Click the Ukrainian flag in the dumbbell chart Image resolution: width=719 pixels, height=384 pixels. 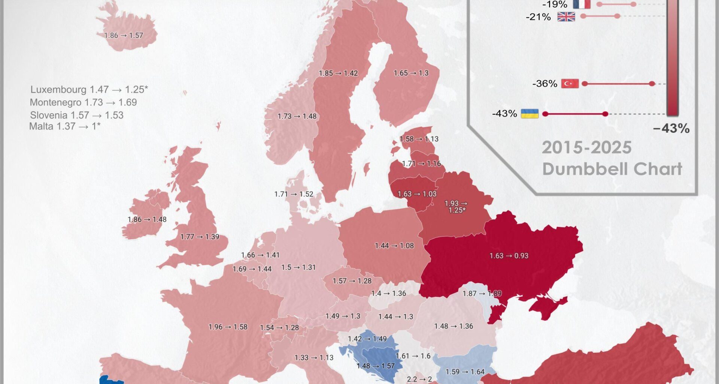coord(530,114)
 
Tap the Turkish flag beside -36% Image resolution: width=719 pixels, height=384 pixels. coord(570,84)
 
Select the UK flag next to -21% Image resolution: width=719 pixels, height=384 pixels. coord(566,16)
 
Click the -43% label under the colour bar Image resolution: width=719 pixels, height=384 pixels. coord(671,129)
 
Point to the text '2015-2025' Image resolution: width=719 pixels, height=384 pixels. coord(586,148)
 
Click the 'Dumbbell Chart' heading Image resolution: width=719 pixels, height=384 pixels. coord(612,169)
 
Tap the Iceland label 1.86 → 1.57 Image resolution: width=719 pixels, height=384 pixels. coord(124,36)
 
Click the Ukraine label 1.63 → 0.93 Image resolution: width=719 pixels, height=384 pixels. coord(509,256)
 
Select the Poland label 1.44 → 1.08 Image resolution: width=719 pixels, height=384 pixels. coord(394,246)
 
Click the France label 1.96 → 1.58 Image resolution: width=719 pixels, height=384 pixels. coord(228,327)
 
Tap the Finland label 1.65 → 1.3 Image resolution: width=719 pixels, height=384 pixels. coord(411,73)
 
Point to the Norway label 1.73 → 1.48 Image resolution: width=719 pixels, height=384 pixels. coord(297,116)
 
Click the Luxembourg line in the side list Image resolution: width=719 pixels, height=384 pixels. coord(89,90)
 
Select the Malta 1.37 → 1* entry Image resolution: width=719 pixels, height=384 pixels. coord(65,126)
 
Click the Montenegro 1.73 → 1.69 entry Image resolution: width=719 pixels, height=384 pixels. coord(83,102)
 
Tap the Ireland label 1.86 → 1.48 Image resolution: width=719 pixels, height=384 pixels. coord(147,219)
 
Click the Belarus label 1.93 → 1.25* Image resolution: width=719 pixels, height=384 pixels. coord(456,207)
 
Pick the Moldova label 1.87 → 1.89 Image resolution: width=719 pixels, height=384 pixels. coord(482,294)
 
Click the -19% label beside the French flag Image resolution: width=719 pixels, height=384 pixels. coord(555,4)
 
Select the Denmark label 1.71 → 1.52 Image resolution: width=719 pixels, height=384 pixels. coord(294,194)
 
